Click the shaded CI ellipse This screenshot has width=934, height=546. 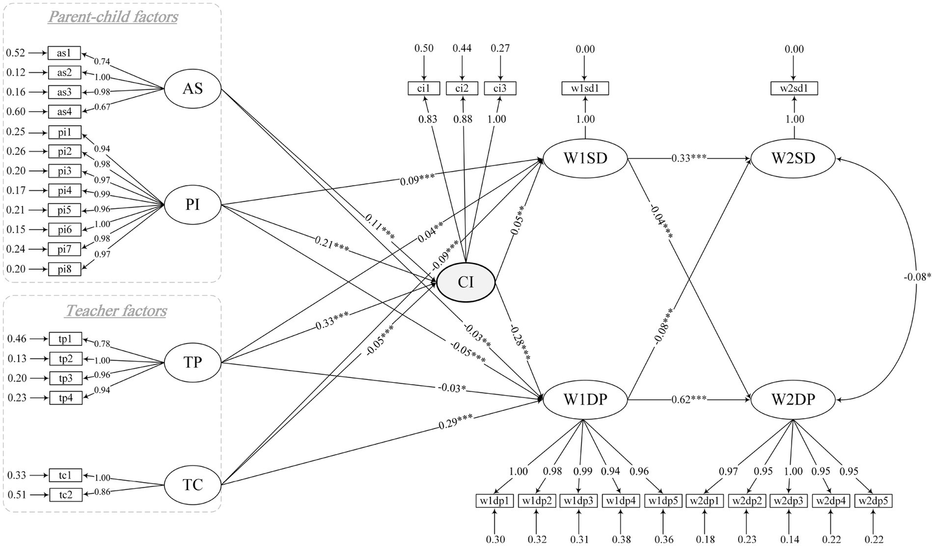coord(465,282)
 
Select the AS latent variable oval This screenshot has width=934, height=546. coord(192,89)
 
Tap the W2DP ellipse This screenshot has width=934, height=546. coord(793,400)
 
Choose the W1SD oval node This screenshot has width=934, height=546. coord(585,159)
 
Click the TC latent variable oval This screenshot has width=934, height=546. coord(192,485)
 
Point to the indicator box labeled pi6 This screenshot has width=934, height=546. coord(64,229)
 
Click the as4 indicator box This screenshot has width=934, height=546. coord(64,112)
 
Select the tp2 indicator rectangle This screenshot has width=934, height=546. coord(65,359)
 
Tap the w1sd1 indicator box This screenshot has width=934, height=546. coord(585,89)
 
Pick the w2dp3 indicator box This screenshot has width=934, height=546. coord(789,501)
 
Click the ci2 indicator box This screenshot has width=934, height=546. coord(462,89)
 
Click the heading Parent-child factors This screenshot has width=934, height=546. coord(113,16)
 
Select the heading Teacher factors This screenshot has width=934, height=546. coord(116,311)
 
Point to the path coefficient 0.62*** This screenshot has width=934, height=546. coord(689,400)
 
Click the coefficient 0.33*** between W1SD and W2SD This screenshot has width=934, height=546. coord(689,158)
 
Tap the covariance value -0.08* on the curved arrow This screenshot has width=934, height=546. coord(916,278)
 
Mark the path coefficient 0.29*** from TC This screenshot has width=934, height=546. coord(456,421)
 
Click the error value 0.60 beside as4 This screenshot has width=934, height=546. coord(16,112)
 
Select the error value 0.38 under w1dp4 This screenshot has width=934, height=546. coord(621,539)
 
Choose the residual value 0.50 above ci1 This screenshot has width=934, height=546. coord(424,49)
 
